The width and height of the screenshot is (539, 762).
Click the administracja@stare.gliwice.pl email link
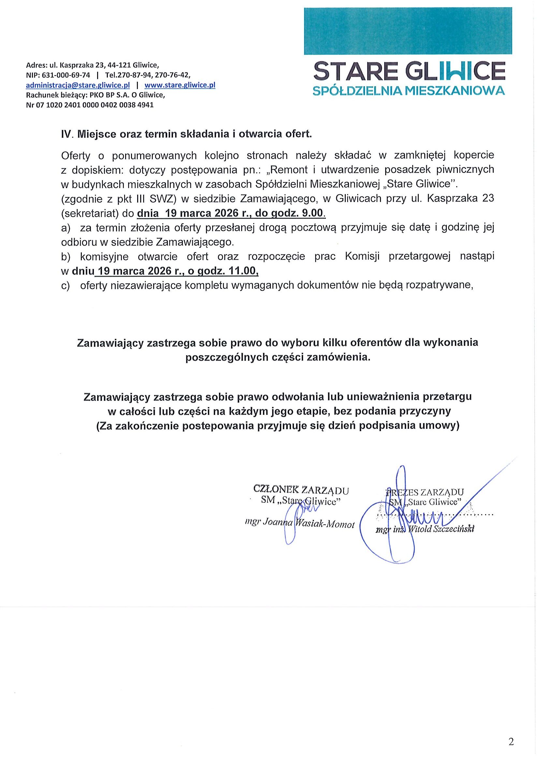(78, 85)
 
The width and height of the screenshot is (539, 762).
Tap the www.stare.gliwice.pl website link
(180, 85)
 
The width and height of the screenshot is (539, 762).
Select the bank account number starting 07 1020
(97, 105)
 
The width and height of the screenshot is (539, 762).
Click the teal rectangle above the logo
(407, 31)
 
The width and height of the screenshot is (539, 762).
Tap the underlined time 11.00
(244, 271)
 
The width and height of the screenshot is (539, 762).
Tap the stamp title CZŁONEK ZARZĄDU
(301, 490)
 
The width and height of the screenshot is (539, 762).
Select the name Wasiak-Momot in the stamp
(325, 524)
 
